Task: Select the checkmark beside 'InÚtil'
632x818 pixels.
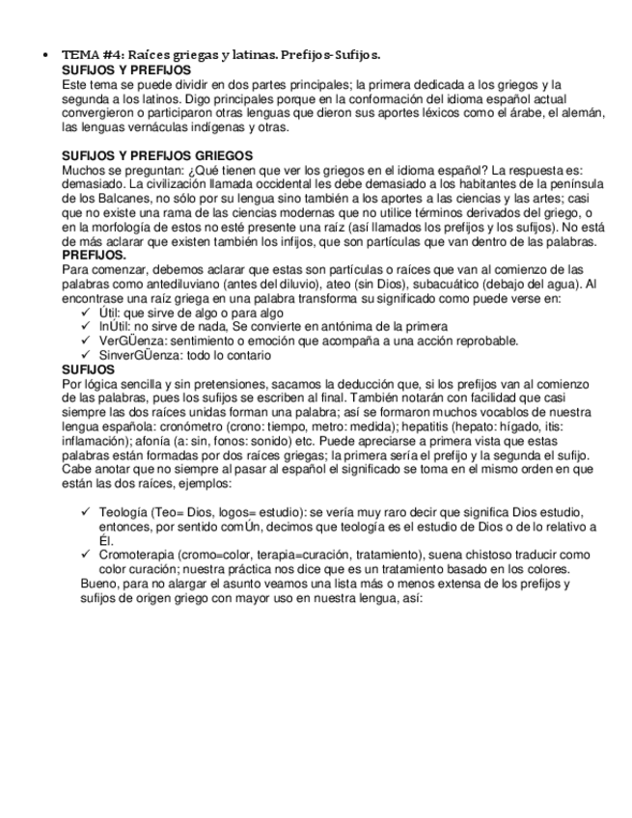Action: (88, 327)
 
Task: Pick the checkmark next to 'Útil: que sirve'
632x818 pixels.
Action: (88, 313)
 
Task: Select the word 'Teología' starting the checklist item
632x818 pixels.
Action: (124, 511)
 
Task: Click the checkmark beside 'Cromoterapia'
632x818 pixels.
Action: (88, 555)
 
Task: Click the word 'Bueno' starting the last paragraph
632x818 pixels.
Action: (100, 585)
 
